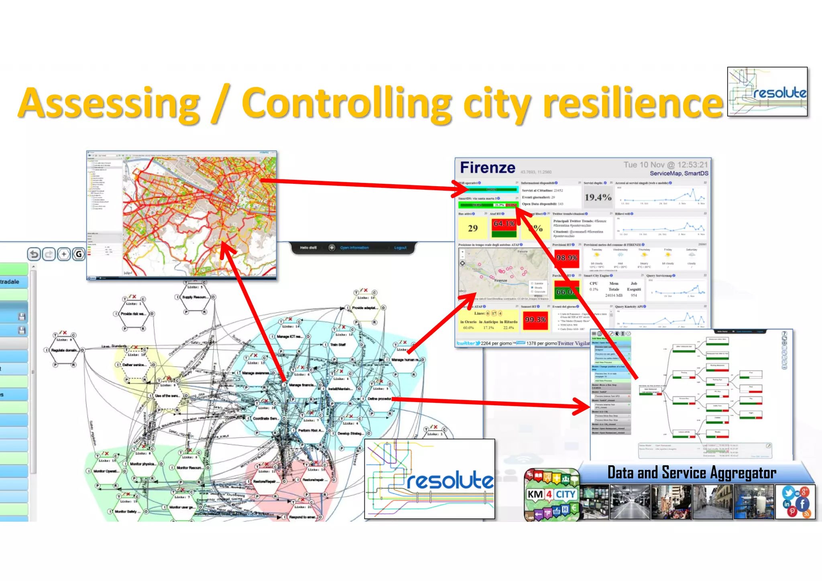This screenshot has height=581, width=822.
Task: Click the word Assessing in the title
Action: [x=109, y=104]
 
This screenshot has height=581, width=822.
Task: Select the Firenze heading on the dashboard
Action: [x=487, y=168]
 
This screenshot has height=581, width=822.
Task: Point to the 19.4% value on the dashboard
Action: [x=598, y=197]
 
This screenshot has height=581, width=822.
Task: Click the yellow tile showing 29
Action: [x=473, y=228]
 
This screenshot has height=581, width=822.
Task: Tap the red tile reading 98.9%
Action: [x=567, y=258]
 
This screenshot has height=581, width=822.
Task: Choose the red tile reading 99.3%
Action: [x=535, y=320]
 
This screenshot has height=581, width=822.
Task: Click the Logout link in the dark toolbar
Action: [x=400, y=248]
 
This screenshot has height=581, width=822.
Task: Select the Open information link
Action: [x=354, y=248]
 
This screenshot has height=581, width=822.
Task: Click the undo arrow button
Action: [x=35, y=254]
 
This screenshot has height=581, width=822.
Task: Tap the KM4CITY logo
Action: [x=551, y=495]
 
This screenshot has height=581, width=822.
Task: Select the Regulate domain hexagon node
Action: [x=64, y=350]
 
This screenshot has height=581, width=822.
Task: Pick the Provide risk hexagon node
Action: [x=134, y=313]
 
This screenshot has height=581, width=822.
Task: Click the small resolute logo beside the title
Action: [x=767, y=92]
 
